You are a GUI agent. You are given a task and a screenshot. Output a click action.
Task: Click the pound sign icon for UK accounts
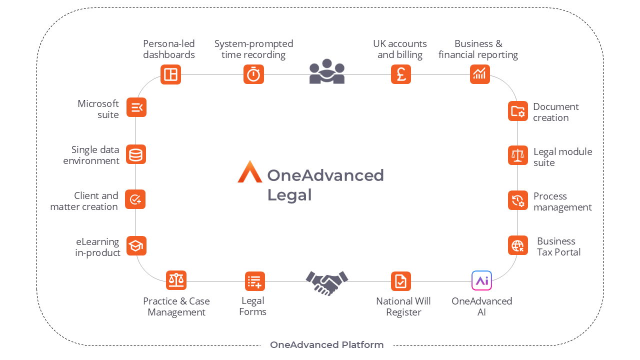[400, 74]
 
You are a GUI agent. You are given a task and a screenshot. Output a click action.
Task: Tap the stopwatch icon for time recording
[253, 74]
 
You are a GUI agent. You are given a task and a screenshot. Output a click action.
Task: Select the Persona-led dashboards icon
[170, 74]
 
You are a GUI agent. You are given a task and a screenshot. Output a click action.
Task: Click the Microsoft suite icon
[136, 107]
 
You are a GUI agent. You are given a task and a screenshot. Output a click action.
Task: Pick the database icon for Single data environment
[135, 154]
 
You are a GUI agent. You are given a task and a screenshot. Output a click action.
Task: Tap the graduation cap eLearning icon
[136, 245]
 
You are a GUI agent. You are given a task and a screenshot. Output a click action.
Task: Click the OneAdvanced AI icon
[481, 280]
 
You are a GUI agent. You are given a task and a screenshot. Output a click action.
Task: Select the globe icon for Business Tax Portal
[517, 245]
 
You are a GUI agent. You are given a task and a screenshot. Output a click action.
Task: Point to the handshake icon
[326, 282]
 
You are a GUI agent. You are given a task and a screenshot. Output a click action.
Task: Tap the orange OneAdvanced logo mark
[249, 172]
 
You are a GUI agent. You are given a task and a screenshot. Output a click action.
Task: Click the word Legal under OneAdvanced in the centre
[289, 195]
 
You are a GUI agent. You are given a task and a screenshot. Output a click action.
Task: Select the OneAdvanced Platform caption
[326, 345]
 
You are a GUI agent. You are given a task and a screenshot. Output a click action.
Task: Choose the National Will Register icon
[400, 281]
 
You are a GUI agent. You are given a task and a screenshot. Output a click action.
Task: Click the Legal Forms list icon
[254, 281]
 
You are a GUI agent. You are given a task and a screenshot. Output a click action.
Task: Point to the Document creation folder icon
[517, 111]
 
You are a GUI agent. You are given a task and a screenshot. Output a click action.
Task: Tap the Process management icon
[517, 200]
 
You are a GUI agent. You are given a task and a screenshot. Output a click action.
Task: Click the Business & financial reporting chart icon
[479, 74]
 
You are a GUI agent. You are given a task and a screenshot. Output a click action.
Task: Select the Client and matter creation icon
[135, 199]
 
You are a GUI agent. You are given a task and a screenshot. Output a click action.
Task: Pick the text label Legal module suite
[562, 157]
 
